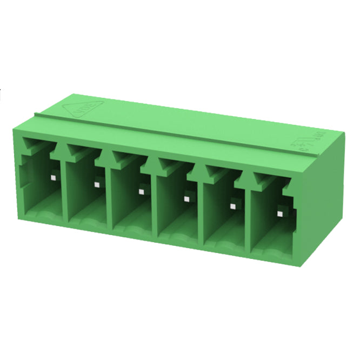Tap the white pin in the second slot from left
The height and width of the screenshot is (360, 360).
coord(97,184)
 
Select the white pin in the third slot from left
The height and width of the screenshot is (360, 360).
coord(141,191)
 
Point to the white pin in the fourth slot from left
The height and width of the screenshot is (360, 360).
coord(186,198)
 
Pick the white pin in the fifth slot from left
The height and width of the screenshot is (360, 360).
coord(234,205)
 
